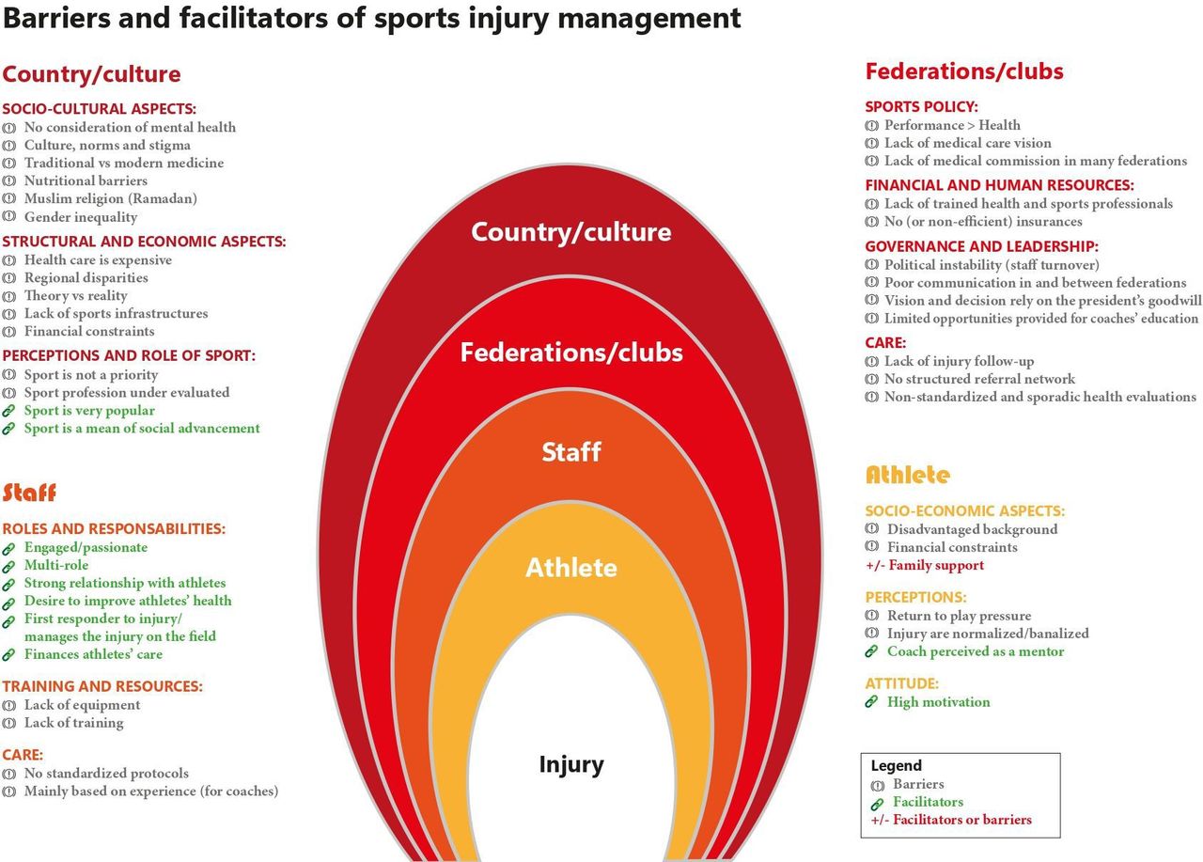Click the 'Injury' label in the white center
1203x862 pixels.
tap(571, 765)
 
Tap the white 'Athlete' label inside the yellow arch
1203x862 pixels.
tap(571, 568)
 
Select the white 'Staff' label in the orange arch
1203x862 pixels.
tap(571, 451)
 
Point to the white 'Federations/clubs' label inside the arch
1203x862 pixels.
tap(571, 353)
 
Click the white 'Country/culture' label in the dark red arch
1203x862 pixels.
tap(571, 232)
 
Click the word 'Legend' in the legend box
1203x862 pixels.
tap(896, 766)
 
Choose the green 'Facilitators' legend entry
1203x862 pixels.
tap(928, 802)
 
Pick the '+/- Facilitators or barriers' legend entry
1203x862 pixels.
tap(951, 820)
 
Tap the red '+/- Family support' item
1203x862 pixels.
tap(925, 565)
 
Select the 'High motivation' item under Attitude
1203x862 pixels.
tap(938, 702)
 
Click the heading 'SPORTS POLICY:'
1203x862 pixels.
tap(921, 107)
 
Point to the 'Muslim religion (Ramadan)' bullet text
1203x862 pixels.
tap(111, 198)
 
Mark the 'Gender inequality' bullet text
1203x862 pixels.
tap(81, 217)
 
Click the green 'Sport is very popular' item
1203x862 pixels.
tap(89, 411)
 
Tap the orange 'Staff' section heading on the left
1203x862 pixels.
tap(29, 493)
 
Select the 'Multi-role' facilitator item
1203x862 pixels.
tap(56, 565)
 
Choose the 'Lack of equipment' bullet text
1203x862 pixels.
tap(82, 705)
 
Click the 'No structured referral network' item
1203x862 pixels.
tap(979, 379)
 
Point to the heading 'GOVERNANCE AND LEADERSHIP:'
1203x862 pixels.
tap(982, 246)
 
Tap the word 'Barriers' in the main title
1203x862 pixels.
tap(55, 18)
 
